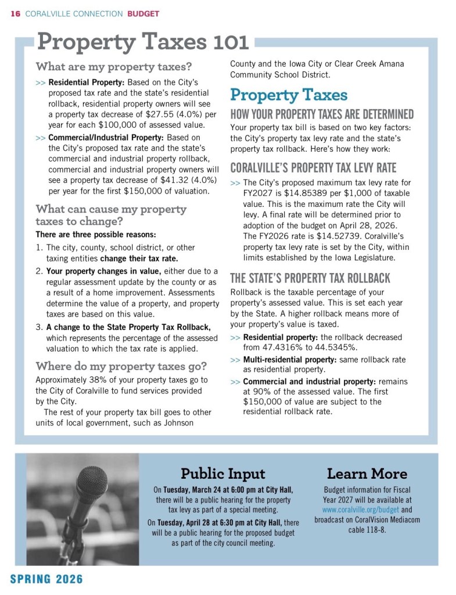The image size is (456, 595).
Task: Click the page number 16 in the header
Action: (16, 13)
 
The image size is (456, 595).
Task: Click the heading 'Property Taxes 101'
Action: (143, 42)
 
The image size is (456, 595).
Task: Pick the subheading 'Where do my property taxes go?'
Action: (121, 366)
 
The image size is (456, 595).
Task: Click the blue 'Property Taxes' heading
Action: (289, 95)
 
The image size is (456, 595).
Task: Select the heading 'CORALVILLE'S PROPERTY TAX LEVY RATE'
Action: (314, 169)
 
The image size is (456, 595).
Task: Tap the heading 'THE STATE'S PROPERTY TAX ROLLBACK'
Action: (310, 278)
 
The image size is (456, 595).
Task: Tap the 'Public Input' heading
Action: (223, 473)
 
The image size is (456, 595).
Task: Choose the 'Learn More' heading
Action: (367, 473)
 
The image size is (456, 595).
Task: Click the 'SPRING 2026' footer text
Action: (46, 579)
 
